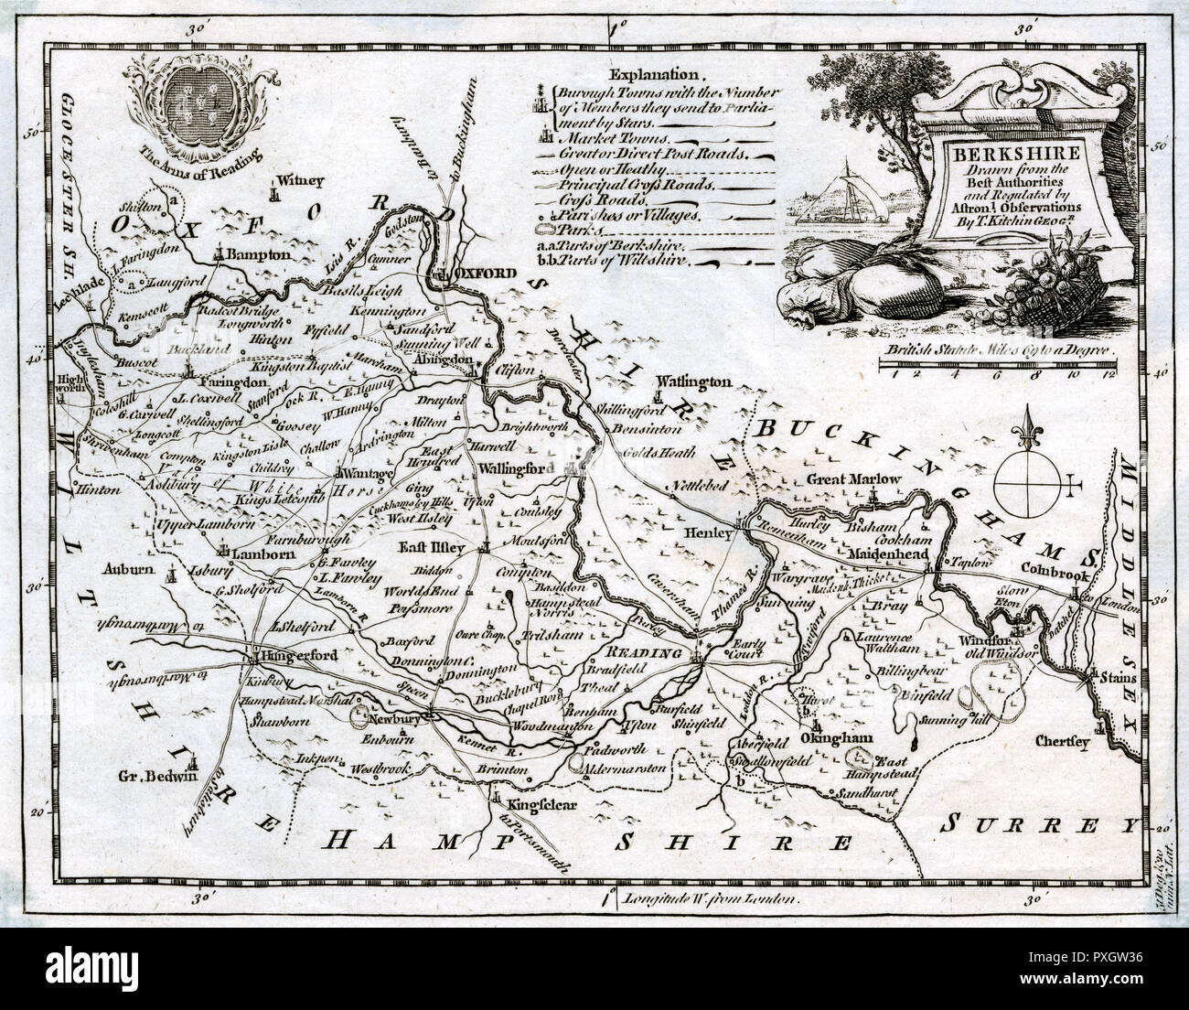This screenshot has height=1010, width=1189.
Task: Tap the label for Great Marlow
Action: click(854, 479)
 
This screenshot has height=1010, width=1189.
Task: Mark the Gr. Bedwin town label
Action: click(158, 778)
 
